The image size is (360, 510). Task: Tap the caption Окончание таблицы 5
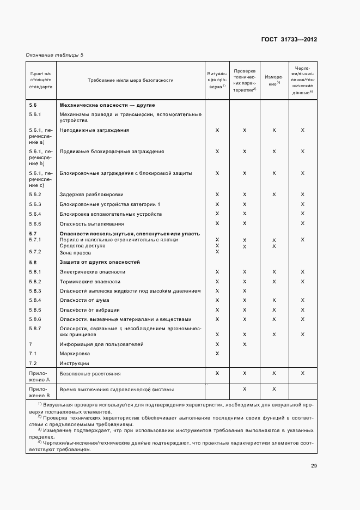click(x=54, y=55)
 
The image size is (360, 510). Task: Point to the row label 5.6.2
click(x=35, y=194)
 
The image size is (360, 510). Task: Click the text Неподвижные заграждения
click(x=94, y=130)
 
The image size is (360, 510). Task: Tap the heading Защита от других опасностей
click(x=100, y=262)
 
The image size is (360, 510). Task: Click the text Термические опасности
click(x=90, y=282)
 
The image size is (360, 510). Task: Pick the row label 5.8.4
click(x=35, y=300)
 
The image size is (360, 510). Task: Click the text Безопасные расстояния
click(x=90, y=374)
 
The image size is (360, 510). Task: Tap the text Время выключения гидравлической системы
click(x=117, y=390)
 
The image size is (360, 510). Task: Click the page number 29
click(x=314, y=466)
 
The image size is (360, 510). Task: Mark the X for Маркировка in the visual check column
click(x=217, y=354)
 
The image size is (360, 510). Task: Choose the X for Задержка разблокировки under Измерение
click(x=274, y=194)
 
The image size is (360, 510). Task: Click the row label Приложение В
click(x=40, y=392)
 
